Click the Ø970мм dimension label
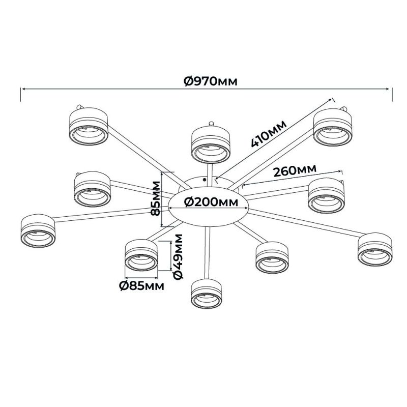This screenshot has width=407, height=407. (211, 81)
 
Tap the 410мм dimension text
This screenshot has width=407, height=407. (269, 134)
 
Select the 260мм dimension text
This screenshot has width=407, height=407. (295, 170)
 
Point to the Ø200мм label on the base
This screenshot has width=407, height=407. (211, 202)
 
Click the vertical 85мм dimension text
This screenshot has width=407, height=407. (156, 198)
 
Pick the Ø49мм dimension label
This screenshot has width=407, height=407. (178, 256)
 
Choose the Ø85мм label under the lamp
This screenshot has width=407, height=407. (142, 286)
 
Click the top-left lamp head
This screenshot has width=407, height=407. (89, 126)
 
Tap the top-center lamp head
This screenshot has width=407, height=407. (211, 144)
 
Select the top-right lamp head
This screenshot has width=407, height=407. (333, 127)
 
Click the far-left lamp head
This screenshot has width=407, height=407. (38, 231)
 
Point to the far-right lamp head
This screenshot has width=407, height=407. (375, 249)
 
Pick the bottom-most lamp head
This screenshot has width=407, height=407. (207, 294)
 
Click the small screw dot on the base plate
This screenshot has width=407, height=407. (205, 179)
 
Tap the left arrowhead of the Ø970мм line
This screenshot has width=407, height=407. (23, 89)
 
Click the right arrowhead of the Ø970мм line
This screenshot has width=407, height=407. (389, 89)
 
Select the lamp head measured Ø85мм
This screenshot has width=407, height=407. (141, 255)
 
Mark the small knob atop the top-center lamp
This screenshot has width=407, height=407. (211, 124)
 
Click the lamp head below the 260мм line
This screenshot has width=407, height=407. (326, 196)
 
